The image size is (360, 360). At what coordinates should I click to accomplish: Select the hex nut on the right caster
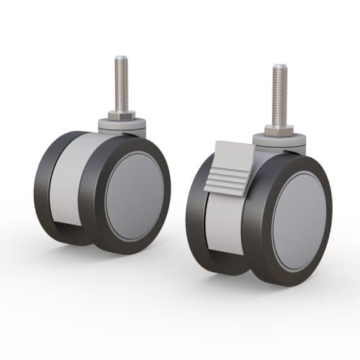279,130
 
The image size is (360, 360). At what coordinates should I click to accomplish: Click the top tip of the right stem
279,67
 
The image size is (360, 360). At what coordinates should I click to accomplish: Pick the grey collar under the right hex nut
279,141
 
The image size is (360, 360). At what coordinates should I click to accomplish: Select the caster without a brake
101,187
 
